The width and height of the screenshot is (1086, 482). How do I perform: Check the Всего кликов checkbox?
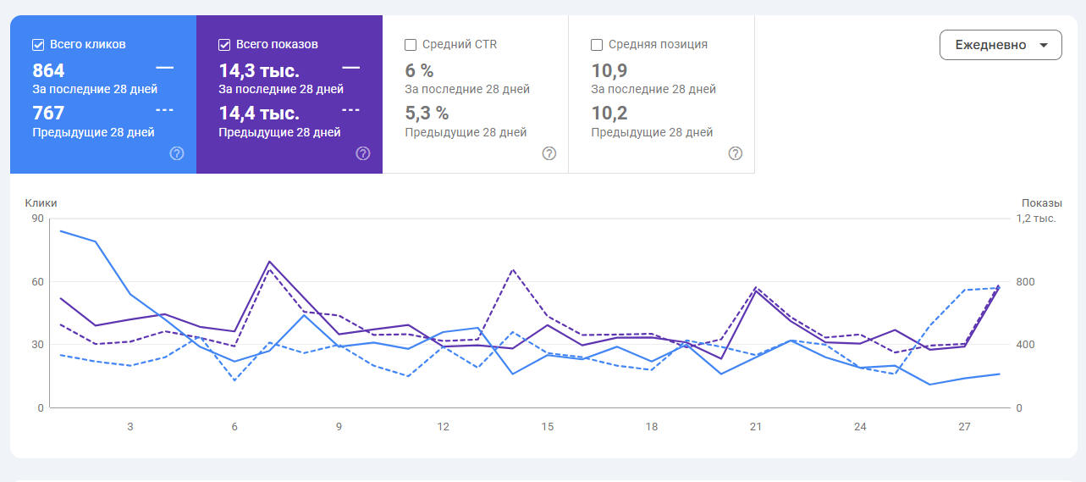(x=38, y=45)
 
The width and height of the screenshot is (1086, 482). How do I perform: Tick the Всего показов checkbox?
(x=224, y=45)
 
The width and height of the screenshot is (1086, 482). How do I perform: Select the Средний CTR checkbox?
(x=411, y=45)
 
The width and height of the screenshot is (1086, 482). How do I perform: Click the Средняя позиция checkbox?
(x=597, y=45)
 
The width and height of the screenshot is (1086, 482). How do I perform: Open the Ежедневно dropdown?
(x=1000, y=45)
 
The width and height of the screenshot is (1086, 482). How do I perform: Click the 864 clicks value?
(x=49, y=70)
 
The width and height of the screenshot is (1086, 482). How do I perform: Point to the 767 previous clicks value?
(x=49, y=113)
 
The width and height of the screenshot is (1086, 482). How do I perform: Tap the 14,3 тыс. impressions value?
(x=259, y=70)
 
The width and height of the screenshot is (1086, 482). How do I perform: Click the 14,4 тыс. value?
(x=259, y=113)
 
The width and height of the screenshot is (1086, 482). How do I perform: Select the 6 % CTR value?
(x=419, y=70)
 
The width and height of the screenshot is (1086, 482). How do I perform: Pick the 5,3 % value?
(x=427, y=113)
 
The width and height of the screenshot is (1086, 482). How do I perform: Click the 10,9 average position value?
(x=609, y=70)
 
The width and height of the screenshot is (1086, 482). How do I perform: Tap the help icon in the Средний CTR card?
(x=549, y=153)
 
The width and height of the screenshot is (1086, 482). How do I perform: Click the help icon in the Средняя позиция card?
(x=736, y=153)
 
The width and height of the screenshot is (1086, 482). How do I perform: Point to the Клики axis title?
(x=41, y=203)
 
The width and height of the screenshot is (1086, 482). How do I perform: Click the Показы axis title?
(x=1041, y=203)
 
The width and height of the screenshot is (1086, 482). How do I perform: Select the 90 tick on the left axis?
(x=37, y=219)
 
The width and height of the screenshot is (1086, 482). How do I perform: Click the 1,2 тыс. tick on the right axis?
(x=1035, y=219)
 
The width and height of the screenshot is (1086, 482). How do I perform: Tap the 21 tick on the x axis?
(x=756, y=427)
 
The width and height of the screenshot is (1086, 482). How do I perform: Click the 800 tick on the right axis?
(x=1025, y=282)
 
